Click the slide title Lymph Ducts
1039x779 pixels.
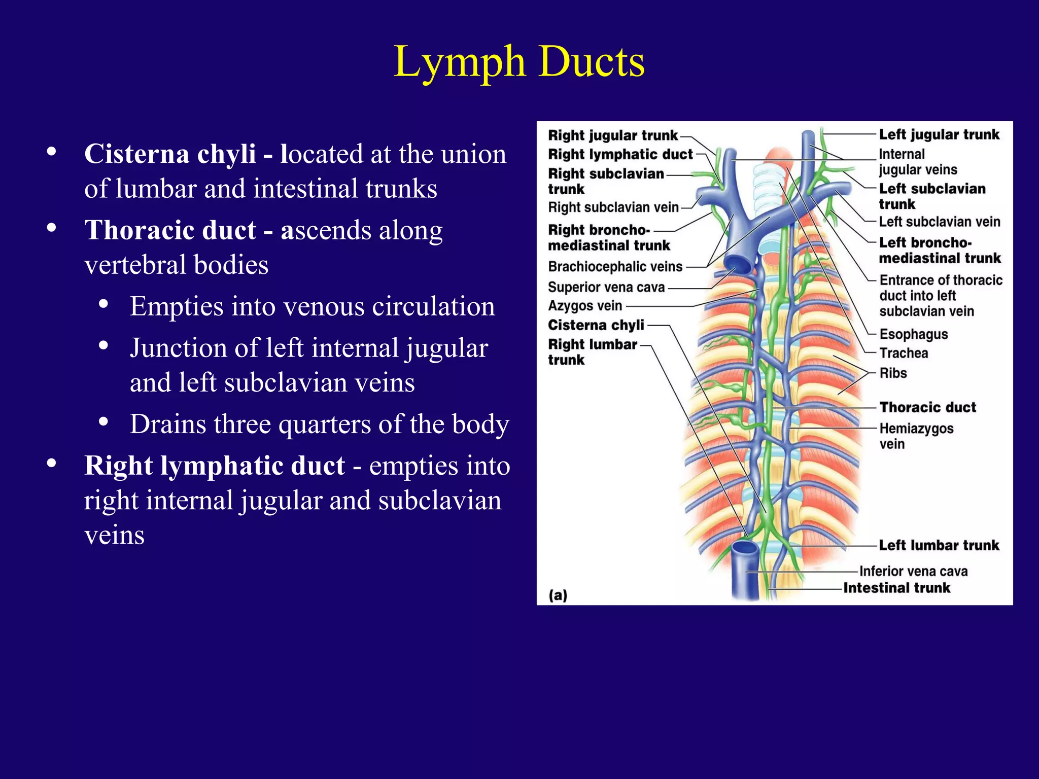tap(519, 62)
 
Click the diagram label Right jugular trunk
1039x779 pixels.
tap(613, 135)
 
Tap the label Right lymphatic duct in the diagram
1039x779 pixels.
tap(620, 154)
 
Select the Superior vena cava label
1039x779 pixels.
tap(606, 287)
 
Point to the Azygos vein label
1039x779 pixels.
tap(584, 306)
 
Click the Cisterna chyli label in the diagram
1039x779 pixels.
tap(596, 325)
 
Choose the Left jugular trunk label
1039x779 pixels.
tap(939, 134)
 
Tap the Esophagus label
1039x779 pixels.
tap(913, 334)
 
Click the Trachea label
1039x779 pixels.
tap(904, 353)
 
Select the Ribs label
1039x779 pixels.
tap(893, 373)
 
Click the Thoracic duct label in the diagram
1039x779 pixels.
tap(927, 407)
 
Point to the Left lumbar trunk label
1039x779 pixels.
tap(939, 545)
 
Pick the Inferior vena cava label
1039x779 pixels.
tap(913, 572)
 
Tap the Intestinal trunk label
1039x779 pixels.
tap(896, 588)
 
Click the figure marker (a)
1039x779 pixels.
tap(558, 595)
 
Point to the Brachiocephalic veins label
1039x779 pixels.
tap(615, 267)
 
